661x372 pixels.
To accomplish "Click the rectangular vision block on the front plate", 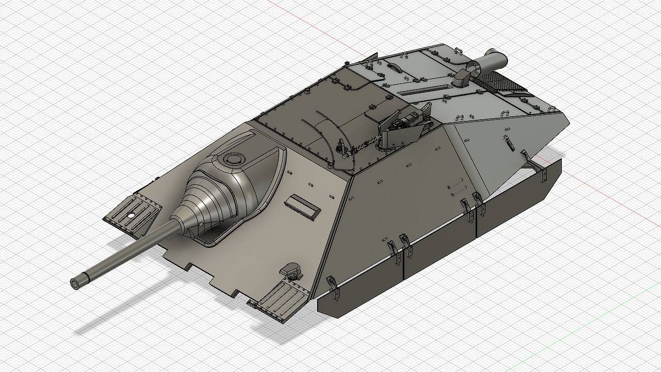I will (x=303, y=204).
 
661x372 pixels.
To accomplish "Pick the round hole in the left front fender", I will (x=131, y=215).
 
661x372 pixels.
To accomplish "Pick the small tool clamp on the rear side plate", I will (x=509, y=143).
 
